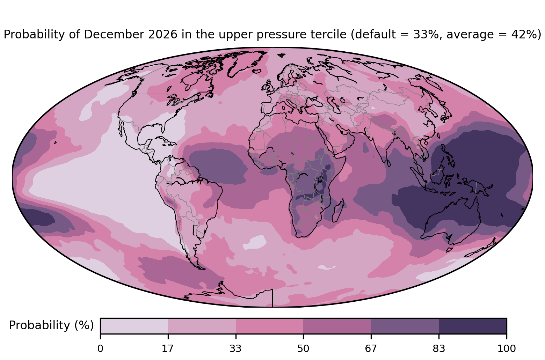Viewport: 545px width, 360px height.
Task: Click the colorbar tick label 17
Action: (x=168, y=349)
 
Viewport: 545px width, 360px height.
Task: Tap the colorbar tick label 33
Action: (x=235, y=349)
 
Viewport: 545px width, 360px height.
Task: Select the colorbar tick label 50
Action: (x=303, y=349)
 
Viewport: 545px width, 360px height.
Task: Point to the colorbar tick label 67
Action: (x=371, y=349)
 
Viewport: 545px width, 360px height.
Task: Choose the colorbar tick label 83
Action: (x=439, y=349)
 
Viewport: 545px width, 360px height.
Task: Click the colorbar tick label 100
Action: (x=507, y=349)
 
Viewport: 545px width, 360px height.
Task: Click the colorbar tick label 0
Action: (x=100, y=349)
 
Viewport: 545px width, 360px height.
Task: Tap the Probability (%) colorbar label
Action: (x=51, y=325)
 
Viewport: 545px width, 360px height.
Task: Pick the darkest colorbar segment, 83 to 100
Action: (x=473, y=326)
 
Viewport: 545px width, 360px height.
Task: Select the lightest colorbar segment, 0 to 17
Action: (x=134, y=326)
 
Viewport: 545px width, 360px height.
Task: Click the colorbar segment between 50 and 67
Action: (x=337, y=326)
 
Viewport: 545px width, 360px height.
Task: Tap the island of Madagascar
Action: (x=338, y=211)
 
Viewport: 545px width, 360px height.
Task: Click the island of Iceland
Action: (x=257, y=71)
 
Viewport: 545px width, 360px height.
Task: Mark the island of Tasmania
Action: (x=449, y=250)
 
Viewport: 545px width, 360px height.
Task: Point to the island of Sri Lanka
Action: (x=388, y=163)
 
